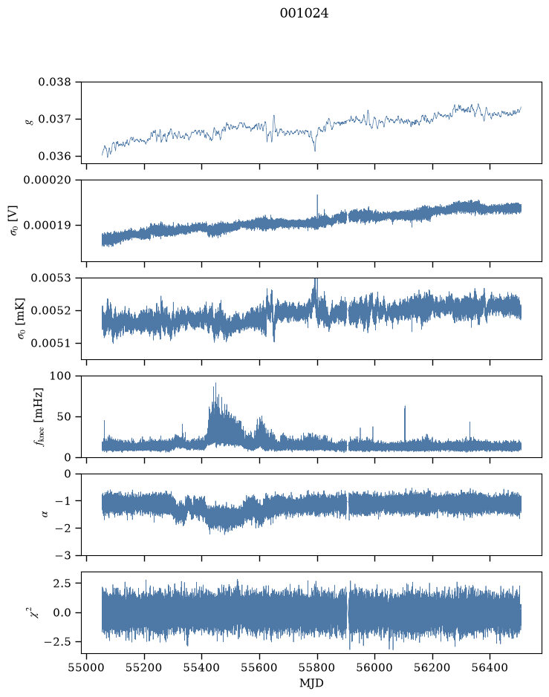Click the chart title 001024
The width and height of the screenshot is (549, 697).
tap(304, 13)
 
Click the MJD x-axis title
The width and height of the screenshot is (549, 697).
tap(311, 683)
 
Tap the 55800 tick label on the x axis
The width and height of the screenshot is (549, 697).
tap(317, 667)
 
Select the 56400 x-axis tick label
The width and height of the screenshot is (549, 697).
tap(490, 667)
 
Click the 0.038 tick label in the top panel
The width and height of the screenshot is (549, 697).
tap(54, 82)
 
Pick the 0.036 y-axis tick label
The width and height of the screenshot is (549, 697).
tap(54, 156)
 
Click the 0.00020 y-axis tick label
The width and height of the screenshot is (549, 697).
tap(47, 180)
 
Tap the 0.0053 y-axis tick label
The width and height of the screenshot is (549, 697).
tap(51, 278)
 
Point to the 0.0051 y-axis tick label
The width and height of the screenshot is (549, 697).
tap(51, 343)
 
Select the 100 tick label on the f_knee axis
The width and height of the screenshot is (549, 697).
tap(60, 376)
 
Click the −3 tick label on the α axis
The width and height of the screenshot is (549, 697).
tap(62, 555)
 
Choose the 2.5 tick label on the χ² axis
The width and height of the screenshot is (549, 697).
tap(62, 583)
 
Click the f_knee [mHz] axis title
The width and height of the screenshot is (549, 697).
tap(39, 416)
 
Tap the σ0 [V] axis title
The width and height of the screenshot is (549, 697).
tap(13, 220)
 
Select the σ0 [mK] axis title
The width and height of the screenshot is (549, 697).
tap(21, 318)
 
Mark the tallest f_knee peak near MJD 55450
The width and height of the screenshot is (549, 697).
tap(215, 383)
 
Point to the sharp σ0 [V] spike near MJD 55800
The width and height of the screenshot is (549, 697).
tap(317, 195)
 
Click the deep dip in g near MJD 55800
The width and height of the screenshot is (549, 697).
tap(315, 151)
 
